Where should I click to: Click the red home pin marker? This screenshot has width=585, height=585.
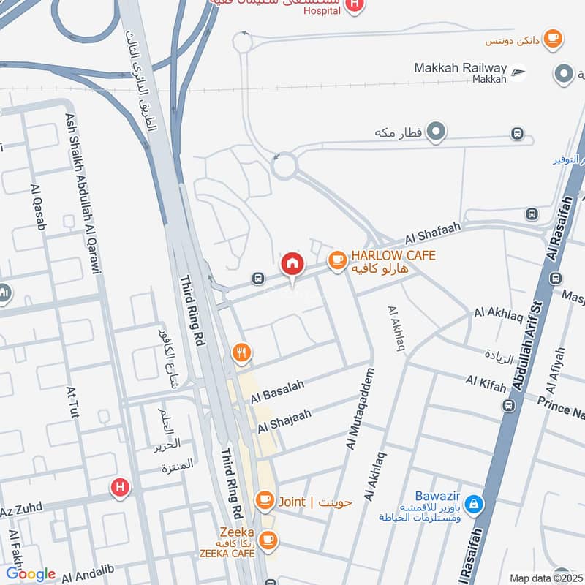(x=292, y=264)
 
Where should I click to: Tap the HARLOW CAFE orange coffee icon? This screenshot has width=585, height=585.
(x=336, y=260)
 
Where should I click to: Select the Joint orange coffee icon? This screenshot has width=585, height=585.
(x=264, y=501)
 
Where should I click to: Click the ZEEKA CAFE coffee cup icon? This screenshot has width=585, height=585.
(x=268, y=540)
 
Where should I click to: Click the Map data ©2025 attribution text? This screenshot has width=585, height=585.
(x=546, y=578)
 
